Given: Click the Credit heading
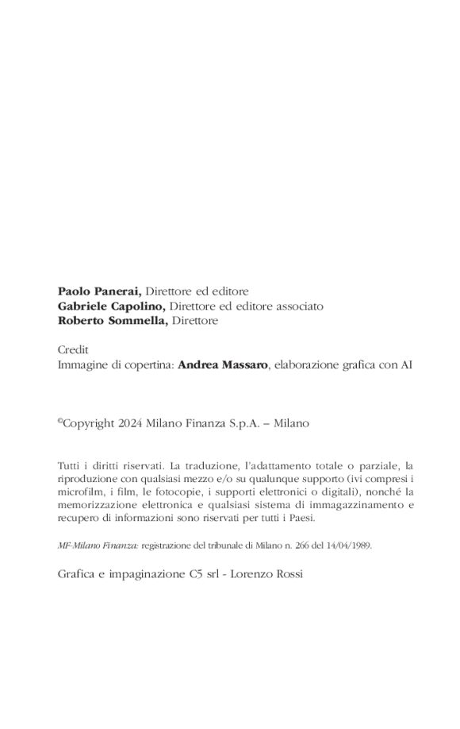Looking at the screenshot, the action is click(x=73, y=349).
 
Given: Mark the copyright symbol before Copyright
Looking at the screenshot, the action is click(x=60, y=422).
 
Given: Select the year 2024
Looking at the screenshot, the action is click(x=130, y=423).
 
